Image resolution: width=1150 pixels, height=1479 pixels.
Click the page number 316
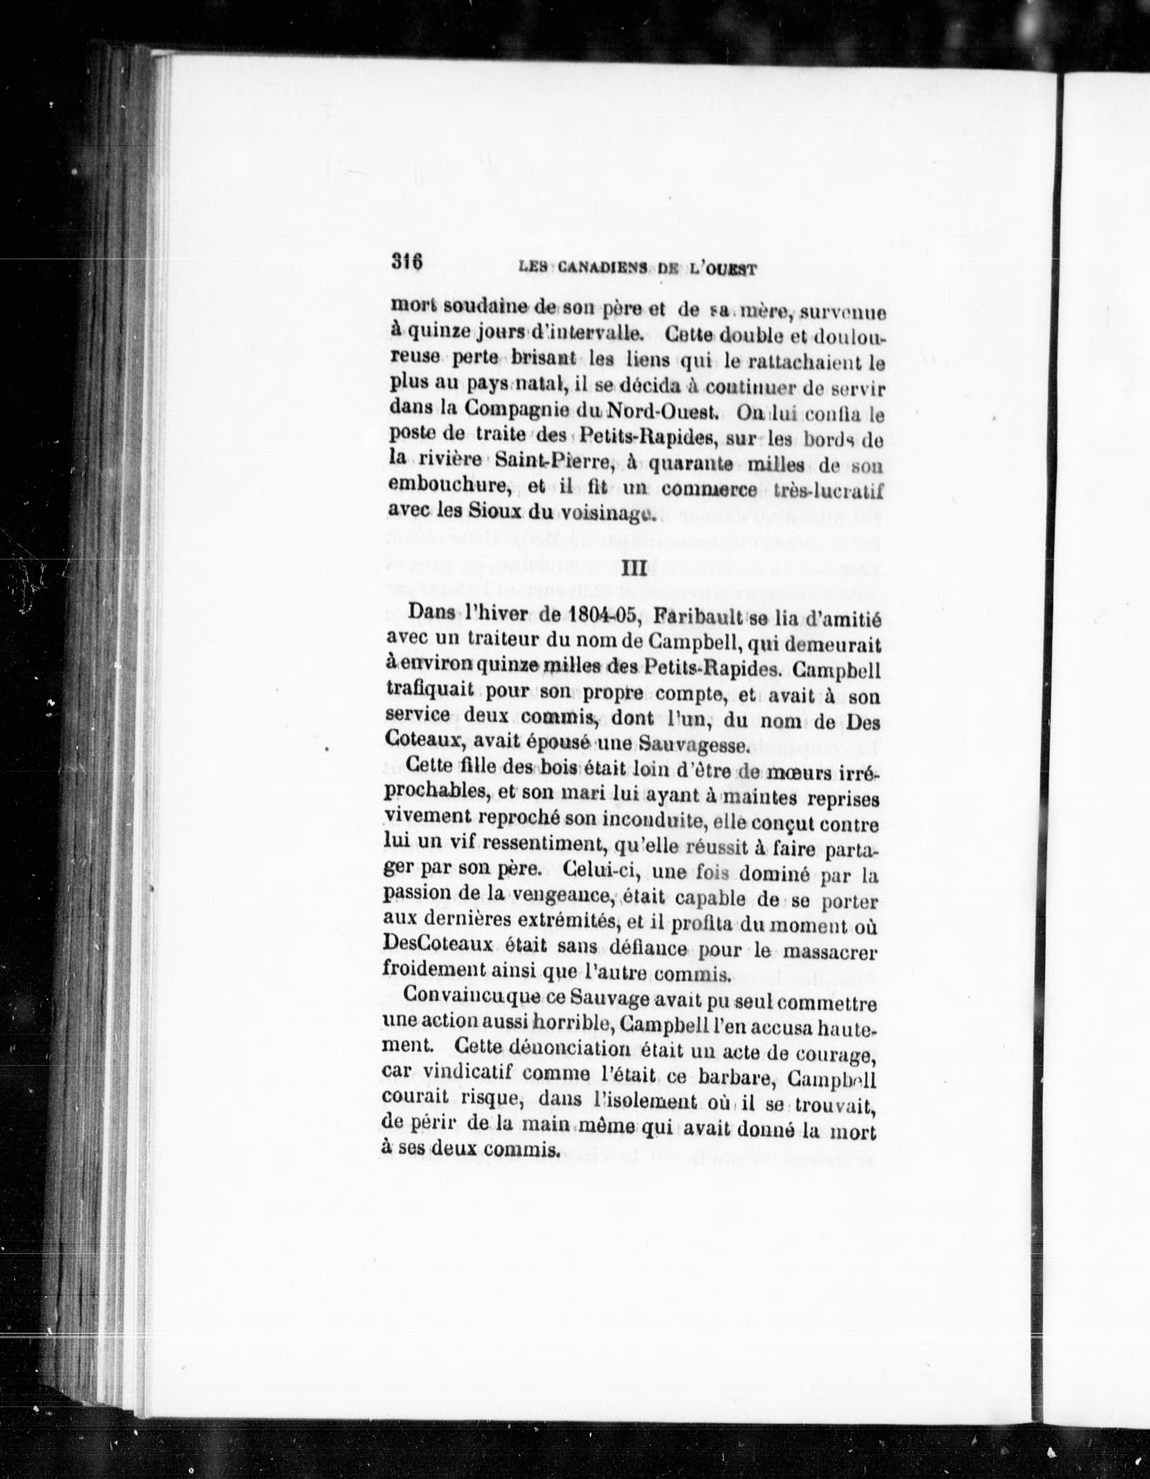(407, 261)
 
